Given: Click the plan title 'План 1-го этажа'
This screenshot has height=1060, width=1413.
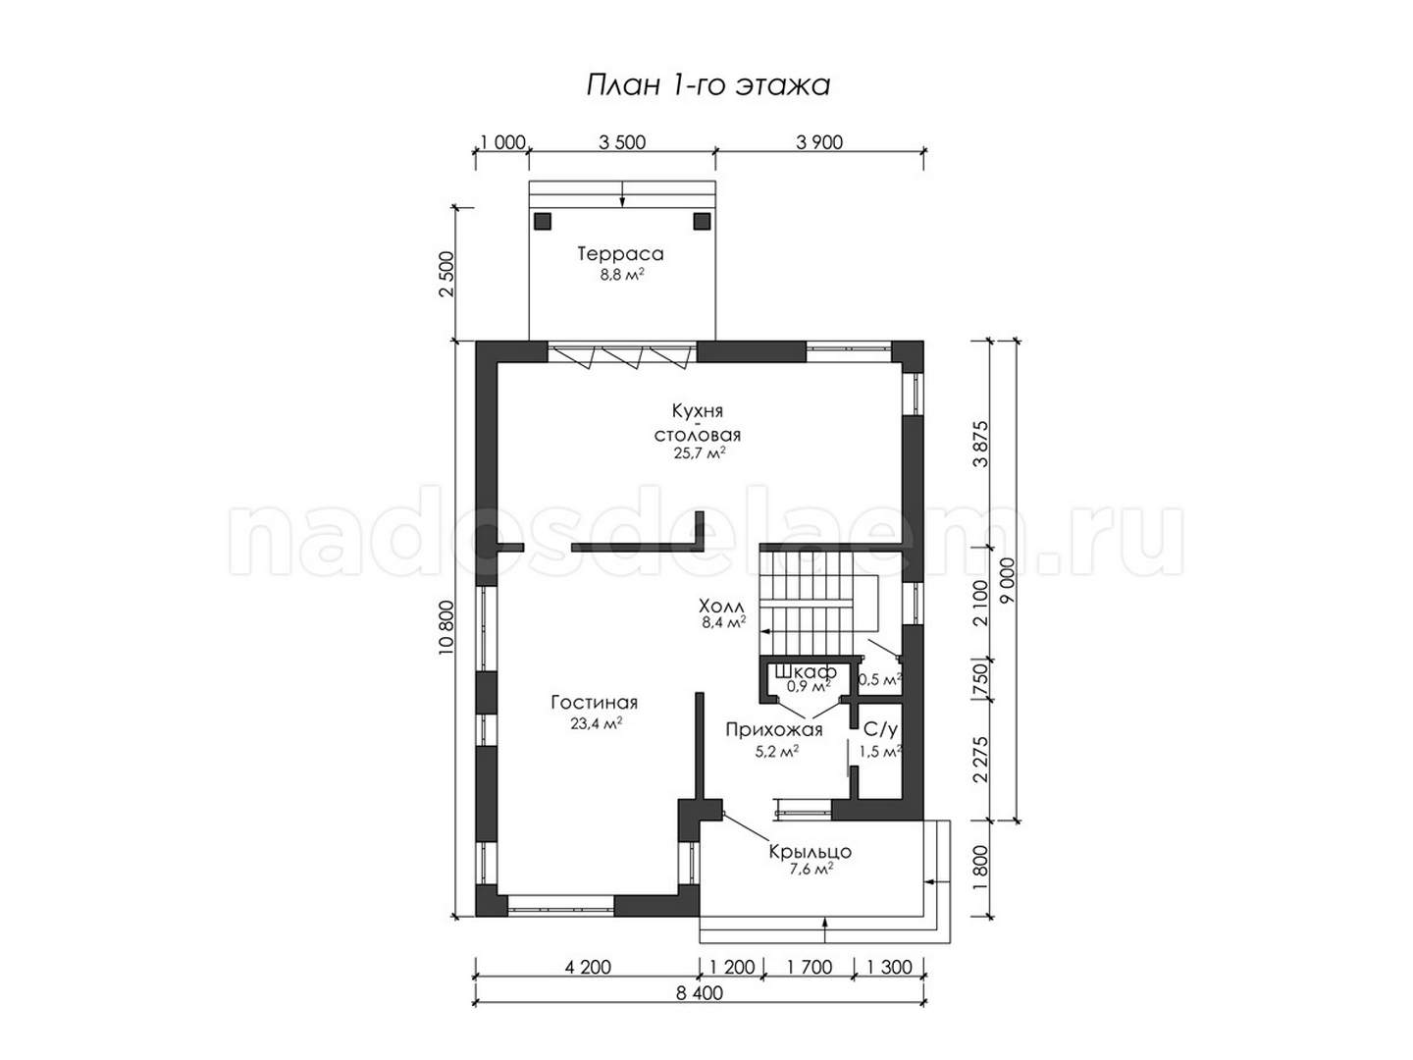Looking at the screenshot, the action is [x=707, y=85].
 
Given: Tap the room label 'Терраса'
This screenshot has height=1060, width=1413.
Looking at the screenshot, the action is [x=620, y=253].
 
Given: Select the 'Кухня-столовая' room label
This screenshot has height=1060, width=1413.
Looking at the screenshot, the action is [x=697, y=422].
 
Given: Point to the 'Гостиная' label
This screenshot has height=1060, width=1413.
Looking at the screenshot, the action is [x=595, y=702].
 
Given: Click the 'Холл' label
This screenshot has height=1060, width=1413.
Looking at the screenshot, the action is [x=721, y=606].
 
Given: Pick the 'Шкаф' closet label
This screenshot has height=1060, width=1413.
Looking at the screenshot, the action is [x=806, y=672].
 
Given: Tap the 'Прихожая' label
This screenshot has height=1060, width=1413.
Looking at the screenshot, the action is [x=774, y=730].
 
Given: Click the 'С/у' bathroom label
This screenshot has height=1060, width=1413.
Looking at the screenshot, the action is [x=880, y=730].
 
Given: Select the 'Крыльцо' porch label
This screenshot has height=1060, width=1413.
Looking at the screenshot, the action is [x=810, y=852].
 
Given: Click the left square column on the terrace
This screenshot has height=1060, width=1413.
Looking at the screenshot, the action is [x=543, y=222].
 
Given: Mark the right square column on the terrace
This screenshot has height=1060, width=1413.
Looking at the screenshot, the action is [x=701, y=222].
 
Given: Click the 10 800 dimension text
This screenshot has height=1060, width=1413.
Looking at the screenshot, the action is [x=446, y=627].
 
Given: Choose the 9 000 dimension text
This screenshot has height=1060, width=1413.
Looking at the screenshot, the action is [x=1008, y=580].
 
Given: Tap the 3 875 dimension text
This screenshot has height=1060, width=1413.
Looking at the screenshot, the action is [x=980, y=444].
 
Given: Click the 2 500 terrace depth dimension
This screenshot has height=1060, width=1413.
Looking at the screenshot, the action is [x=446, y=274].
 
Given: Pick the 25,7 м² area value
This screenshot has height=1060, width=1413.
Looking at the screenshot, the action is [x=700, y=453].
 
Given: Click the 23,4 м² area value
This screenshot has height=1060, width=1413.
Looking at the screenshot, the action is [x=596, y=723].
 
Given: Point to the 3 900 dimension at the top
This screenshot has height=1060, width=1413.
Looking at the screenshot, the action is [x=818, y=142].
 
